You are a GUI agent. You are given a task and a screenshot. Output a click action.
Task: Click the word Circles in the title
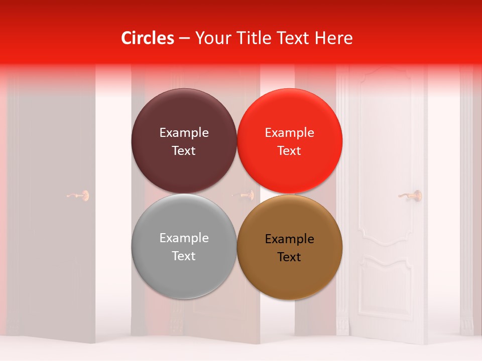point(147,38)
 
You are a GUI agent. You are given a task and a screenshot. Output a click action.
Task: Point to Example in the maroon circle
point(184,133)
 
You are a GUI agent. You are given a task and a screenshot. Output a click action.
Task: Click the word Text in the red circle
point(289,151)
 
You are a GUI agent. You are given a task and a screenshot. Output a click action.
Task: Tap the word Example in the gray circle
point(184,238)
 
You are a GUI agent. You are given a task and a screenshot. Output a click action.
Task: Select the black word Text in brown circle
point(289,257)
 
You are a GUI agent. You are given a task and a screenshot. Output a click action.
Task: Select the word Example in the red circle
point(289,133)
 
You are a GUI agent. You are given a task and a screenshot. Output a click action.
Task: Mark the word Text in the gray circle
point(184,256)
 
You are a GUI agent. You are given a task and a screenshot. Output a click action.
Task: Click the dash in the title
point(184,39)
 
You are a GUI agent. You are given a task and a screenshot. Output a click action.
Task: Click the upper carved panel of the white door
point(385,150)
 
